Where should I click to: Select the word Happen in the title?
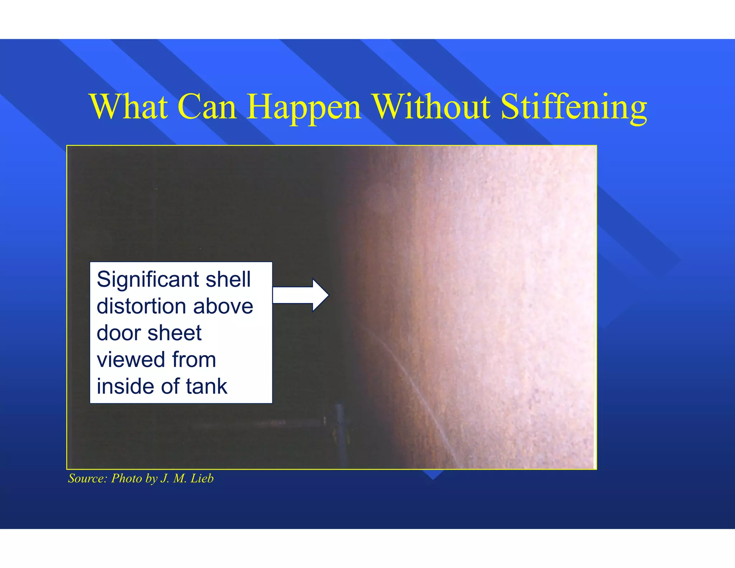pyautogui.click(x=304, y=108)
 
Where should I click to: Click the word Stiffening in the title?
pyautogui.click(x=574, y=108)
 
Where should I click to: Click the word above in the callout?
pyautogui.click(x=223, y=306)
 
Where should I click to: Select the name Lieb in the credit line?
pyautogui.click(x=202, y=479)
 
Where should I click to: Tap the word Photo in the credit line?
pyautogui.click(x=126, y=479)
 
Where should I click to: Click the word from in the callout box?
pyautogui.click(x=194, y=359)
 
